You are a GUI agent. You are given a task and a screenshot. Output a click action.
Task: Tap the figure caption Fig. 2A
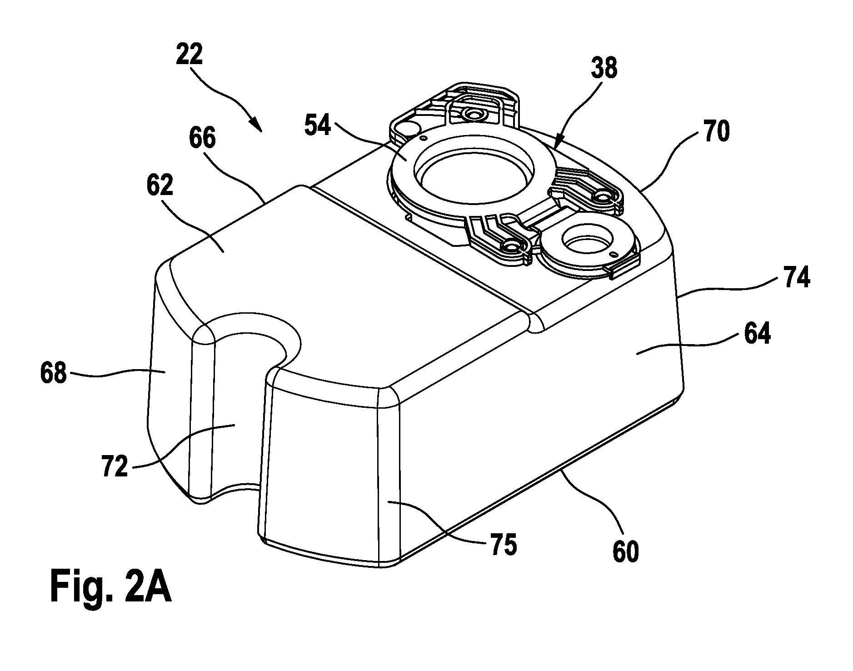click(110, 587)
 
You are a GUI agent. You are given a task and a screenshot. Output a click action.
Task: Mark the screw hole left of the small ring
click(512, 246)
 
